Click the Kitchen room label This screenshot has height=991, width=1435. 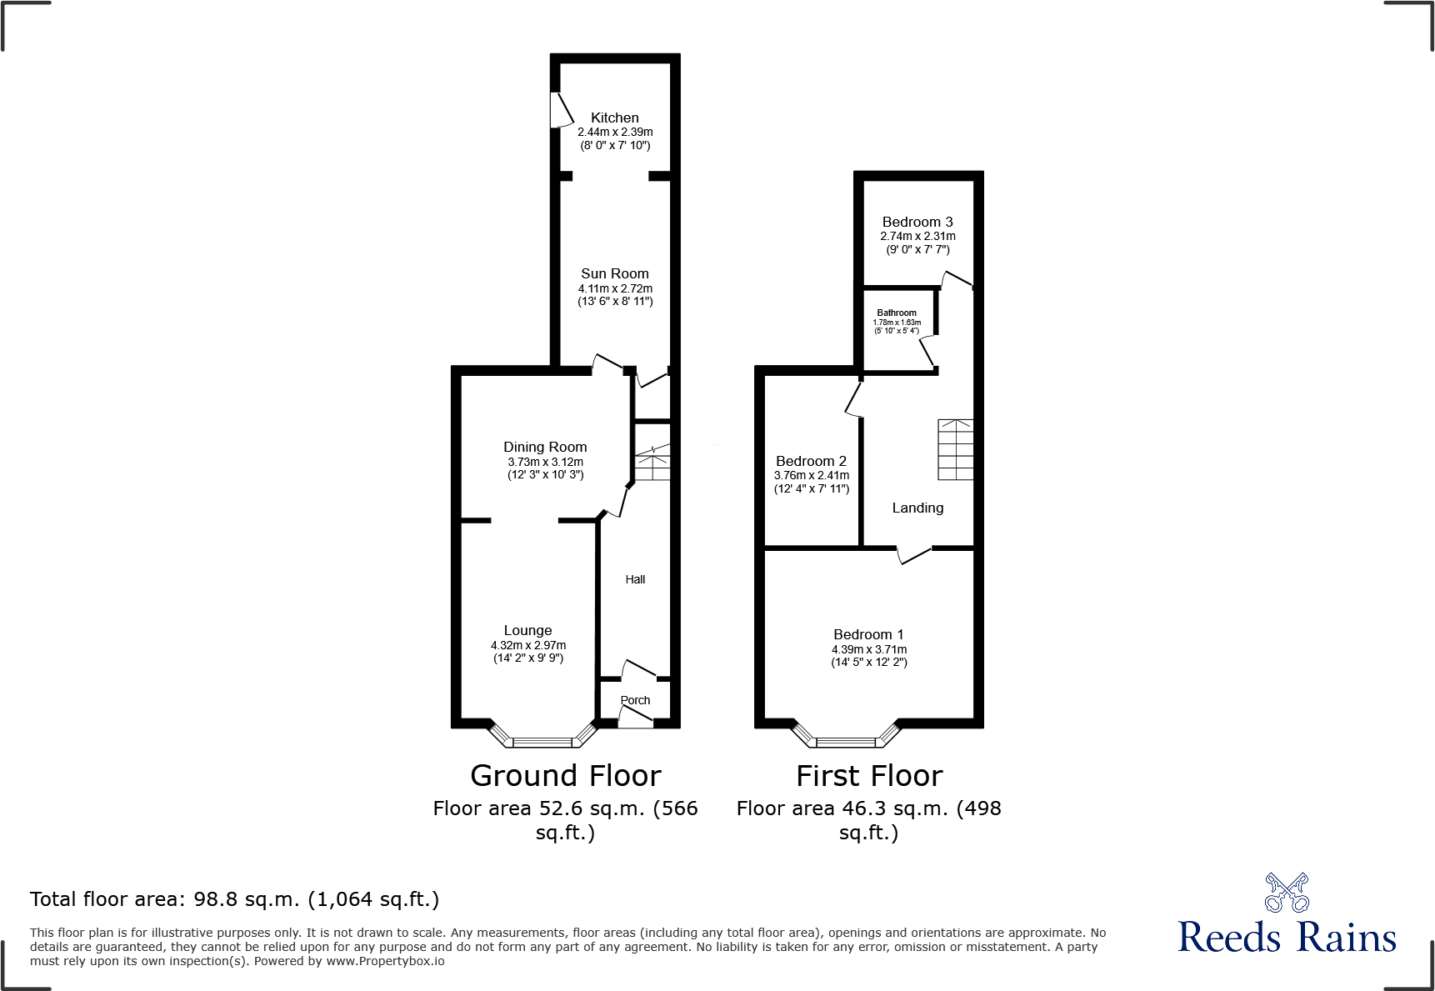pyautogui.click(x=615, y=118)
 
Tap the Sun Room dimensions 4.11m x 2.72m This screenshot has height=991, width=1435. pyautogui.click(x=615, y=288)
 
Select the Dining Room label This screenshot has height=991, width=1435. pyautogui.click(x=545, y=447)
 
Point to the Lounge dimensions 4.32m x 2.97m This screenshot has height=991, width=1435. pyautogui.click(x=528, y=645)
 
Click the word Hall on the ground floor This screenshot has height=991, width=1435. pyautogui.click(x=635, y=579)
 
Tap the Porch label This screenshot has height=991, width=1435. pyautogui.click(x=635, y=700)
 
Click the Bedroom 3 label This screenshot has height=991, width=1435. pyautogui.click(x=917, y=222)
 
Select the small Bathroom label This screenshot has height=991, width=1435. pyautogui.click(x=897, y=313)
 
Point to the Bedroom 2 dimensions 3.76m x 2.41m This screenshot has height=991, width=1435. pyautogui.click(x=812, y=475)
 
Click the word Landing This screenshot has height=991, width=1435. pyautogui.click(x=917, y=508)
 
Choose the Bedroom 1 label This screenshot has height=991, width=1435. pyautogui.click(x=868, y=634)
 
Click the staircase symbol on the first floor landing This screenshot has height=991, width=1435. pyautogui.click(x=955, y=449)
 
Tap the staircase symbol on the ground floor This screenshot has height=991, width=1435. pyautogui.click(x=652, y=463)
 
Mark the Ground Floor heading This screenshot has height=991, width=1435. pyautogui.click(x=565, y=776)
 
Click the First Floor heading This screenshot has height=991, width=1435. pyautogui.click(x=868, y=776)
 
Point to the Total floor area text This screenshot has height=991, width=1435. pyautogui.click(x=234, y=899)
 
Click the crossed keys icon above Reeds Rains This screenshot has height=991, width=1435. pyautogui.click(x=1287, y=893)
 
